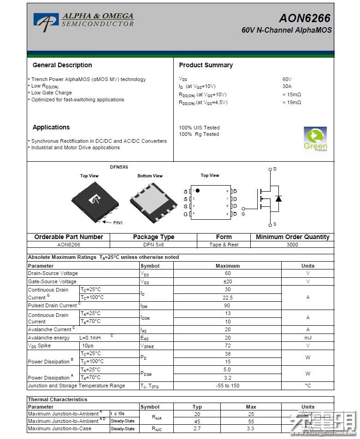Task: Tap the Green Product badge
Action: pos(315,139)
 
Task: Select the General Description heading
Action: pos(62,65)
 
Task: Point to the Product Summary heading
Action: pos(206,65)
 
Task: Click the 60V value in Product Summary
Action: pos(287,79)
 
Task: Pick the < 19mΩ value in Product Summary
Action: pos(291,102)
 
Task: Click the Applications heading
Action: pos(51,128)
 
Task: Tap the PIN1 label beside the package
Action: pos(118,223)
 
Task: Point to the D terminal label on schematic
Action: pos(275,169)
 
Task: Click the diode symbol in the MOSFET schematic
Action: pos(278,199)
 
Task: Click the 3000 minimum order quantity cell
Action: pos(292,245)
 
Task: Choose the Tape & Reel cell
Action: pos(224,245)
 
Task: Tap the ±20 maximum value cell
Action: pos(227,281)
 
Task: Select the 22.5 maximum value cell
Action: pos(227,298)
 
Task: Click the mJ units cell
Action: pos(307,338)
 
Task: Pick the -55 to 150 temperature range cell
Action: pos(227,386)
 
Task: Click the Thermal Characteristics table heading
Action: pos(58,399)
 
